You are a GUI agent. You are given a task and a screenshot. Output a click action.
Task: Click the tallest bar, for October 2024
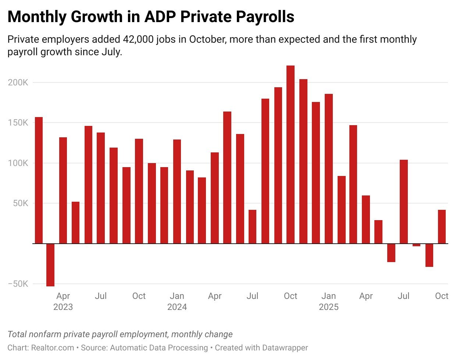click(x=291, y=155)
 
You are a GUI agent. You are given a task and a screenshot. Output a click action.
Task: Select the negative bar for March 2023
click(x=50, y=265)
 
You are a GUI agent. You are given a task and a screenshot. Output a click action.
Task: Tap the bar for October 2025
click(x=442, y=227)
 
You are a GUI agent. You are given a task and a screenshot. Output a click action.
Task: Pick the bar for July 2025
click(x=404, y=202)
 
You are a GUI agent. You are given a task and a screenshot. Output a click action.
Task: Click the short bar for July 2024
click(x=252, y=227)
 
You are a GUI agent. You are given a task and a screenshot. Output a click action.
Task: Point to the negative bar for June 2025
click(x=391, y=253)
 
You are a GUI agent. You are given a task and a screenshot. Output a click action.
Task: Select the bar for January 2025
click(x=329, y=169)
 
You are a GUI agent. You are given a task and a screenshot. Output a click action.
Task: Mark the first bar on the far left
click(x=39, y=180)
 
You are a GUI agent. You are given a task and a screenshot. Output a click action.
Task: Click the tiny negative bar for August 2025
click(x=416, y=245)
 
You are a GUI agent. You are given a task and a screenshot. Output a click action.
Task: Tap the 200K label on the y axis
click(x=18, y=82)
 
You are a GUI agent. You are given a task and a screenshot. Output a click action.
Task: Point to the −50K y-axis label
click(x=18, y=284)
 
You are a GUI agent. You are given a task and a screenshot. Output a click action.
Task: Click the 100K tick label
click(x=18, y=163)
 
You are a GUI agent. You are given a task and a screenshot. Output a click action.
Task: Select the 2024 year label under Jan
click(x=177, y=307)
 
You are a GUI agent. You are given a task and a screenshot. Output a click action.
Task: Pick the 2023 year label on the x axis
click(x=63, y=307)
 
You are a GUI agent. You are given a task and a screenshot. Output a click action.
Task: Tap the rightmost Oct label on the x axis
click(x=442, y=296)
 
